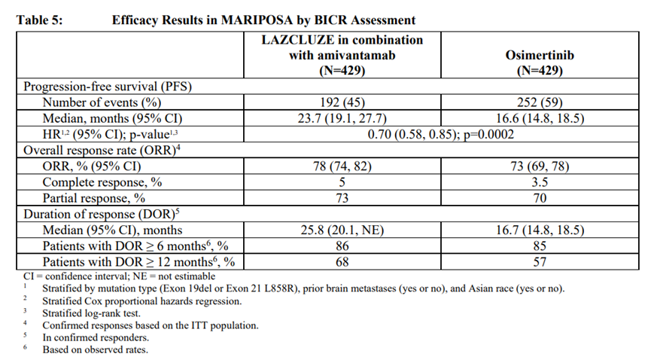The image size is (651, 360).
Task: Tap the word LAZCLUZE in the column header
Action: (x=296, y=40)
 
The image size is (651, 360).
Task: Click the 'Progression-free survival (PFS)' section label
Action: (x=105, y=87)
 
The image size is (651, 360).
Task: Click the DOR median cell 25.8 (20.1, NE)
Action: (x=342, y=230)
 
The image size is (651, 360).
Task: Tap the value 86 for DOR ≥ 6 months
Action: (x=342, y=246)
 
